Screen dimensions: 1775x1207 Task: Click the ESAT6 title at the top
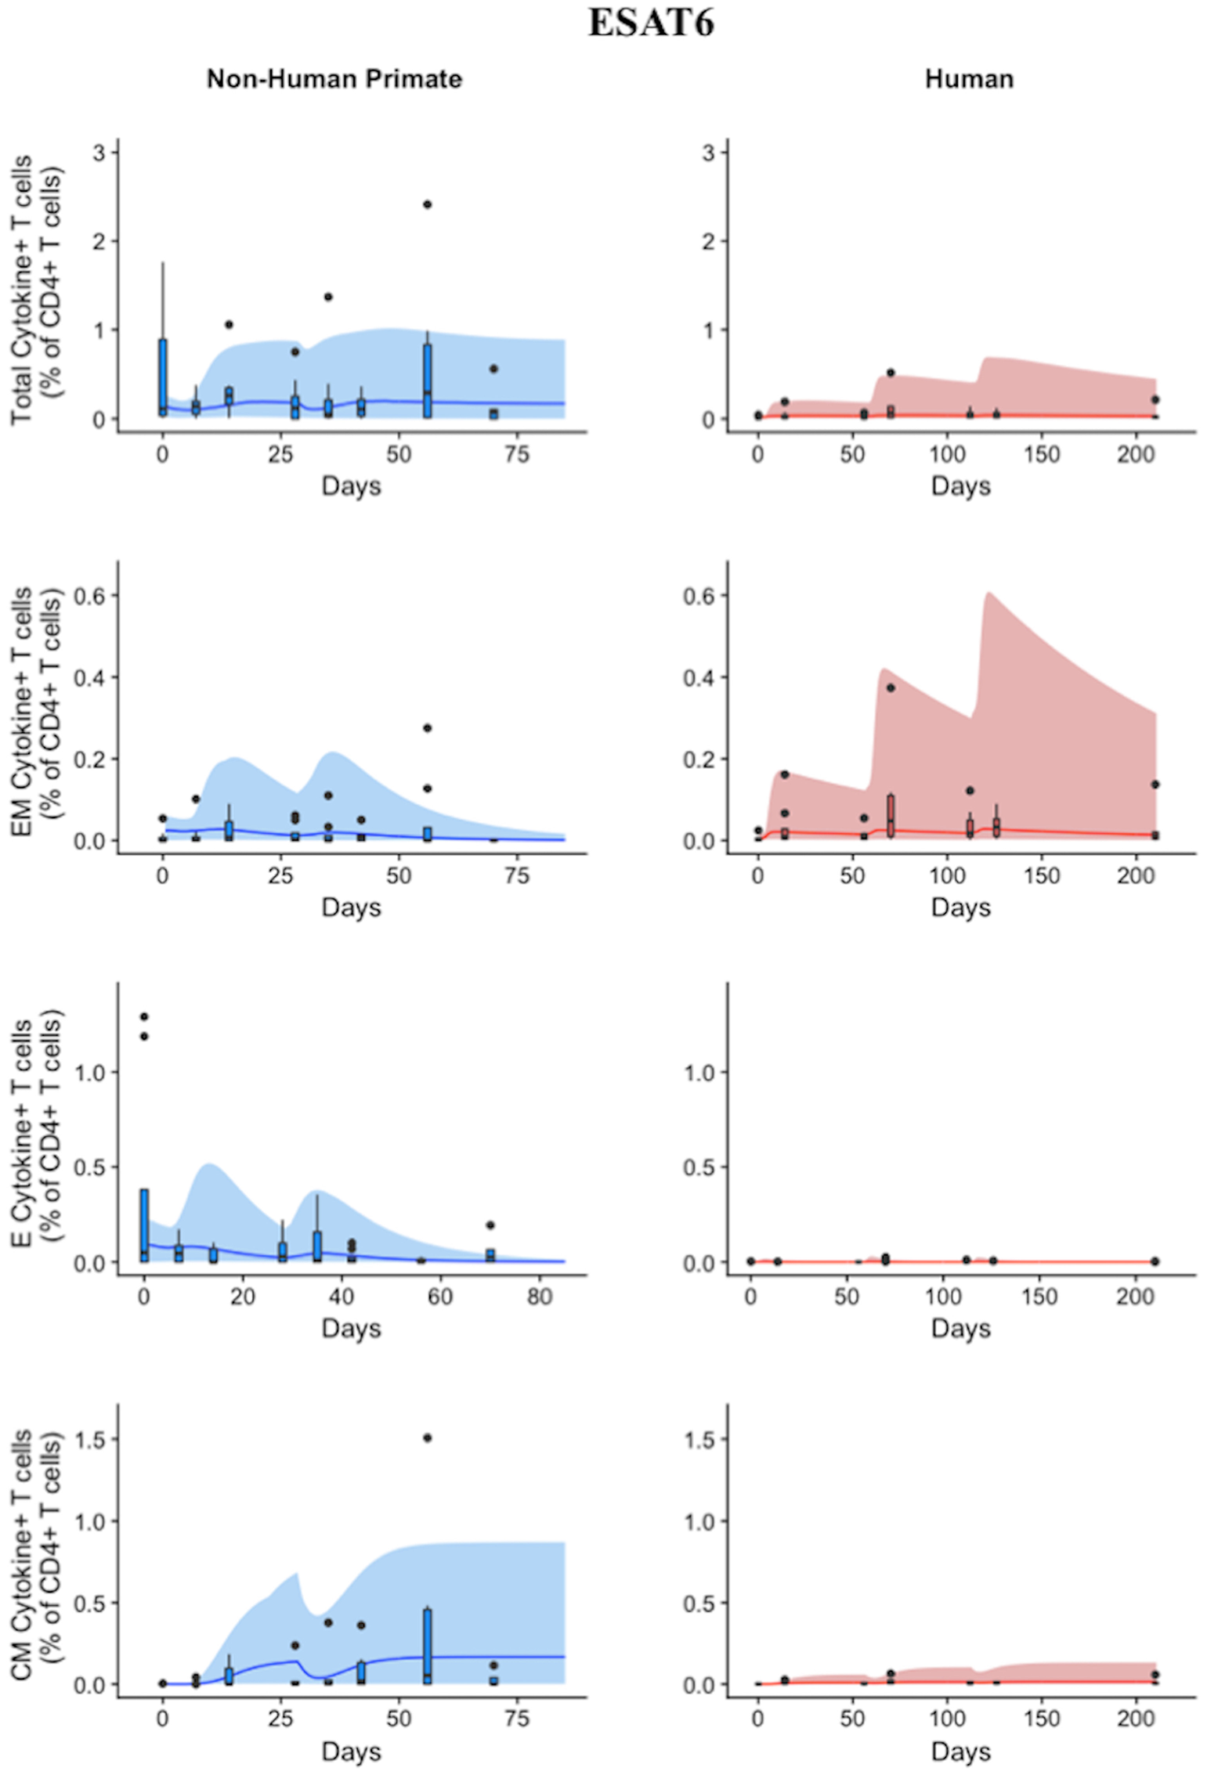point(651,23)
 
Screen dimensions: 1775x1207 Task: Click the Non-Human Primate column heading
point(334,79)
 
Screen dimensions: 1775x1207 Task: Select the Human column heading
point(969,79)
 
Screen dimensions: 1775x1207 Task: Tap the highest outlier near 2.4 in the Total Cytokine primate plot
point(427,204)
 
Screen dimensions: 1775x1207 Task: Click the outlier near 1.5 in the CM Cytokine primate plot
point(427,1438)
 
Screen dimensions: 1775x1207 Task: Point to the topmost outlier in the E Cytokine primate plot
point(143,1017)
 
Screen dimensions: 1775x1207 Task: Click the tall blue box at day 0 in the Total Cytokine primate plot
point(162,376)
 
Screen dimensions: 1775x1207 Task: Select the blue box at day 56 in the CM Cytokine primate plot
point(427,1644)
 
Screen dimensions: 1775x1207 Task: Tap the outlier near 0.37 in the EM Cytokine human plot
point(891,687)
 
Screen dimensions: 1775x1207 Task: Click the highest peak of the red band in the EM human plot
point(988,593)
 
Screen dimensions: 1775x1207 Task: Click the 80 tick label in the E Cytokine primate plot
point(539,1297)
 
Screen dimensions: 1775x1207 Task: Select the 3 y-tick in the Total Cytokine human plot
point(708,152)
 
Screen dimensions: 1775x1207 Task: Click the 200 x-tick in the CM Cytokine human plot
point(1136,1719)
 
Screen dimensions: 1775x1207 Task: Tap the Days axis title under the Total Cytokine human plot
point(960,486)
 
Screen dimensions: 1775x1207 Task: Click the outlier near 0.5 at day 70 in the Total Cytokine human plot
point(891,373)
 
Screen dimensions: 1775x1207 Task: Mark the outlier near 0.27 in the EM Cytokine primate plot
point(427,728)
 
